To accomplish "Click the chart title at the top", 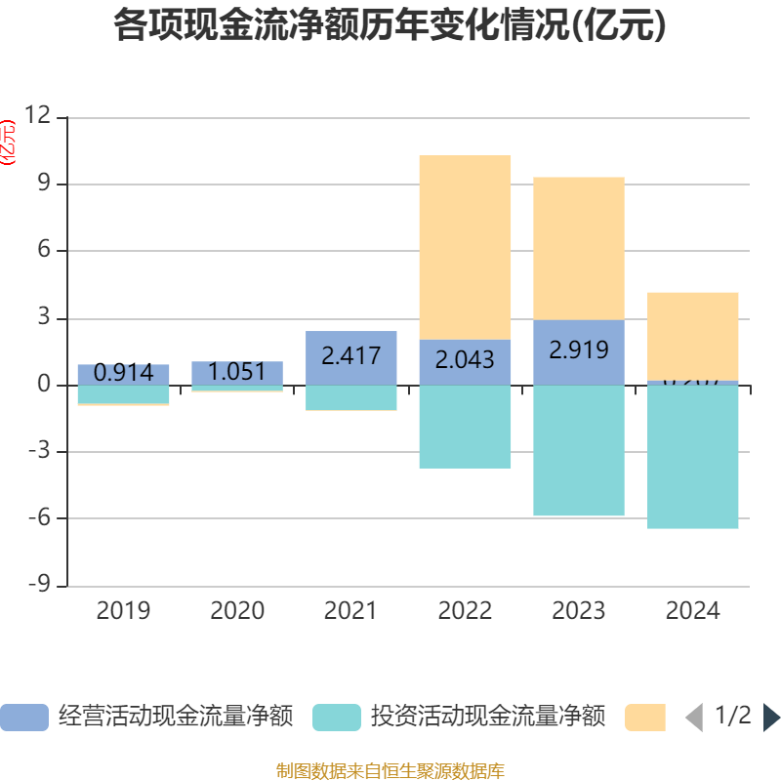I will [x=390, y=25].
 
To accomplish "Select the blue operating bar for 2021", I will [x=350, y=357].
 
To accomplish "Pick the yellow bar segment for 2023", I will [x=579, y=248].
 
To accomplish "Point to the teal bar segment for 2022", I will [x=465, y=427].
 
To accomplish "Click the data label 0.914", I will [x=123, y=372].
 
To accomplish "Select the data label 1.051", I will [x=237, y=371].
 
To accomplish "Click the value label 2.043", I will [x=465, y=359].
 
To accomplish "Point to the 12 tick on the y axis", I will [x=38, y=117].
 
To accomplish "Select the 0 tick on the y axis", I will [x=44, y=385].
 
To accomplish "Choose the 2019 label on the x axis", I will [x=123, y=611].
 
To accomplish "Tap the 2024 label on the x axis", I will [x=693, y=611].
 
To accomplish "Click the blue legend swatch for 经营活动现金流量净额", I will [x=23, y=718].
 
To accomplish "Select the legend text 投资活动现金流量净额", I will [x=487, y=717].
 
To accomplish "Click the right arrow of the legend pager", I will [x=771, y=718].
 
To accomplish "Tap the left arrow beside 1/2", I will [x=693, y=718].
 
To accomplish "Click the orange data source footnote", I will [x=390, y=771].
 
